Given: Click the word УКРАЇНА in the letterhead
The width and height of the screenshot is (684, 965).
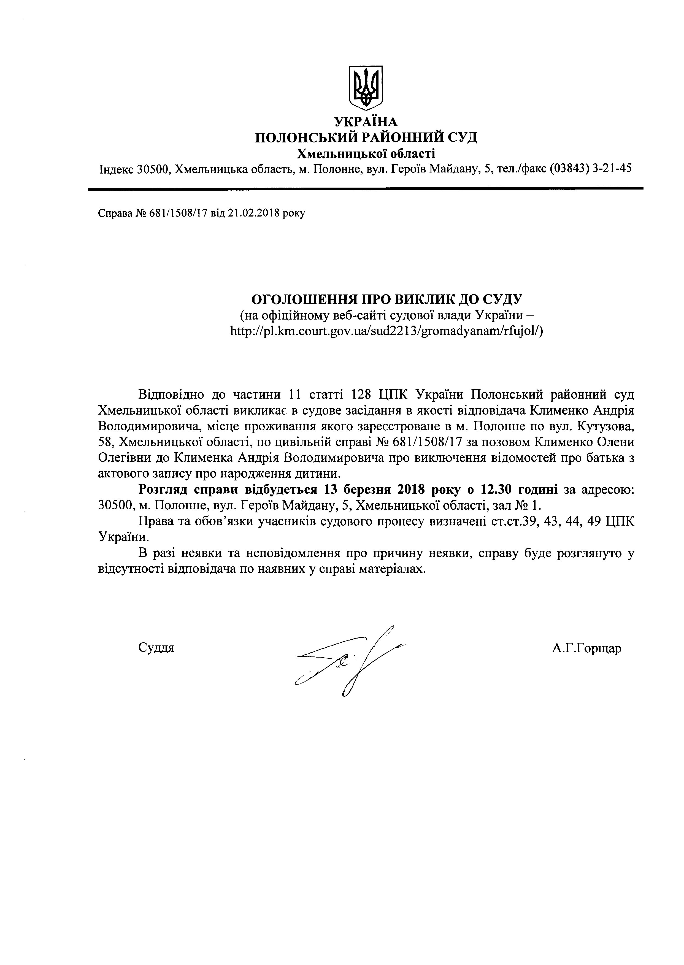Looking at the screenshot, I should pos(365,122).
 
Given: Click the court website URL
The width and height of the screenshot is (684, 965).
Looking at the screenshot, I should pos(386,331).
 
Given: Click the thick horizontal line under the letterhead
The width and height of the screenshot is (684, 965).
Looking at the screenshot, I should pos(365,188).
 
